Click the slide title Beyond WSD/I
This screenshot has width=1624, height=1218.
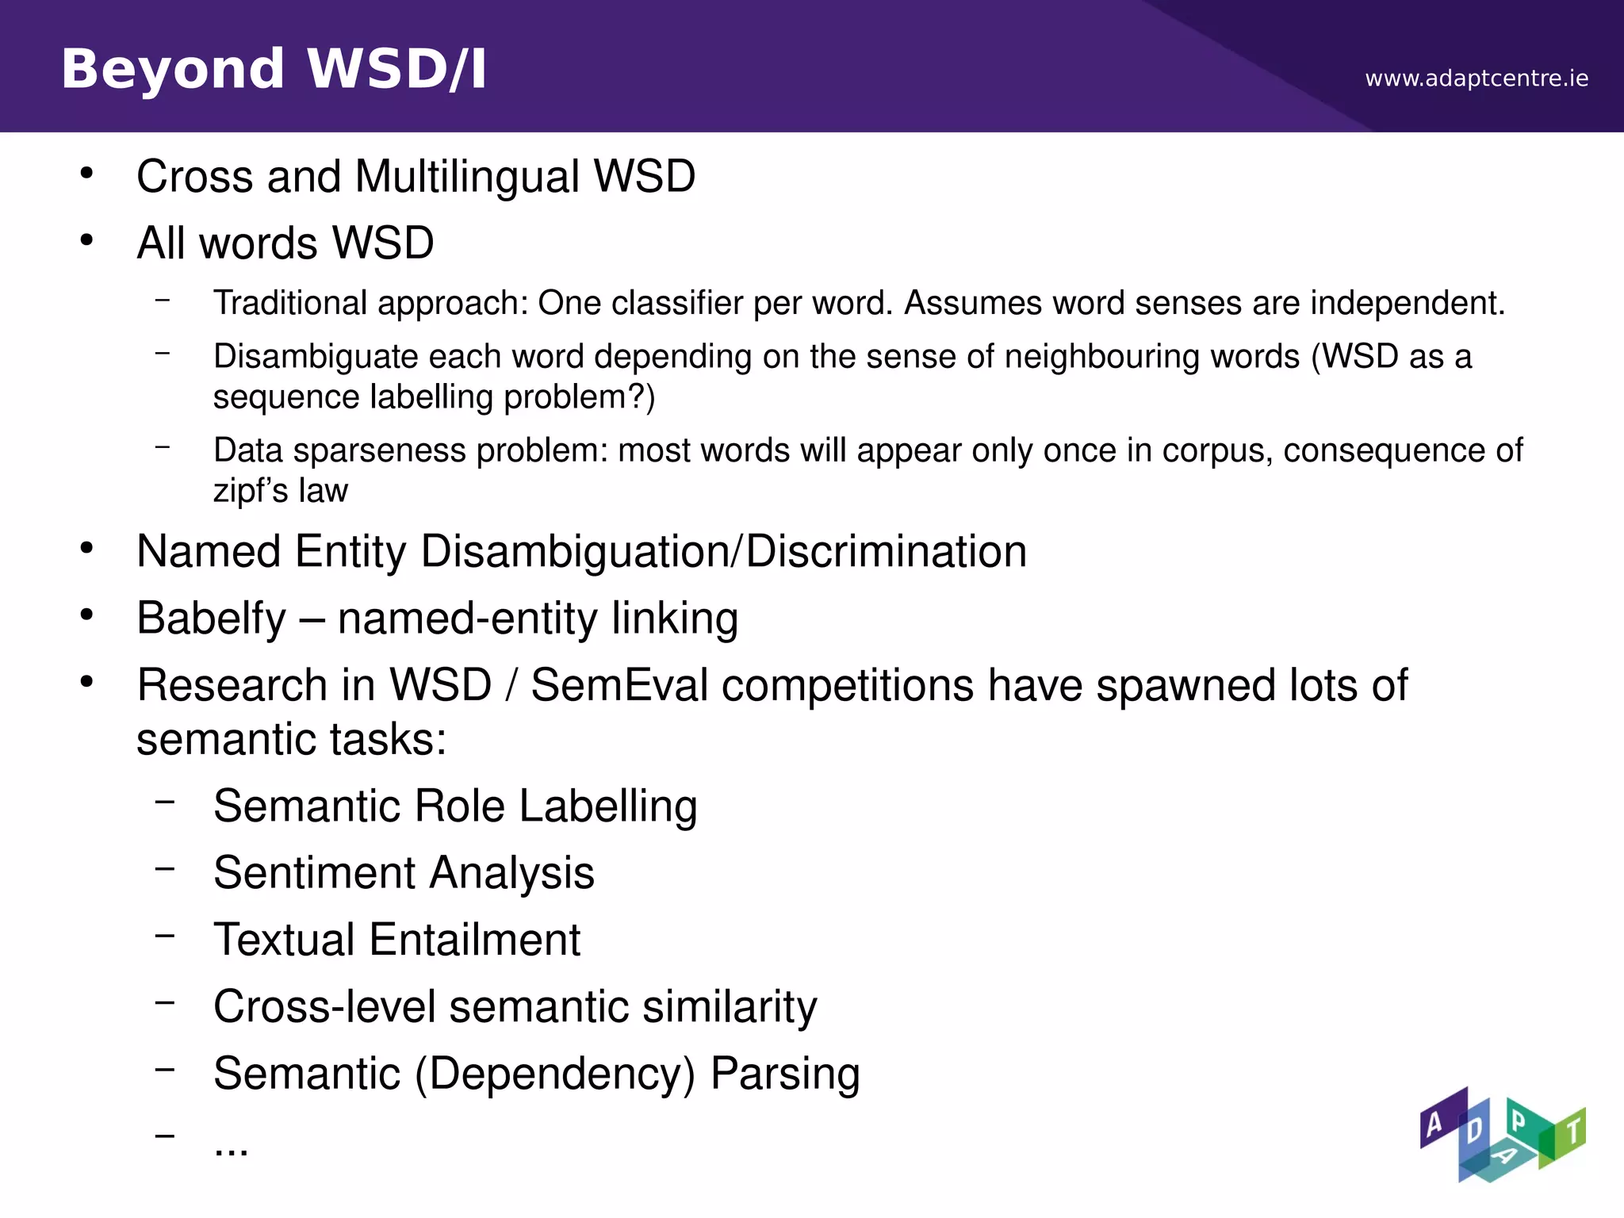tap(274, 69)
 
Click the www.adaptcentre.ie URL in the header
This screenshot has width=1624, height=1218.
tap(1476, 79)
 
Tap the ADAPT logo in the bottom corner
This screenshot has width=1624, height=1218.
tap(1502, 1135)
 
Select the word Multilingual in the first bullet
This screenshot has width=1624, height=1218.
tap(467, 176)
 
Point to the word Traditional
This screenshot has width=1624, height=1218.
tap(290, 303)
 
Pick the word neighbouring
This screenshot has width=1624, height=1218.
tap(1152, 357)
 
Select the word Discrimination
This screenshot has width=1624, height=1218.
tap(886, 551)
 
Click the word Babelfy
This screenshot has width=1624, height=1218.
tap(211, 619)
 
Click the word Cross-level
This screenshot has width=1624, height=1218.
tap(324, 1007)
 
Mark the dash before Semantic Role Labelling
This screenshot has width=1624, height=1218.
tap(165, 802)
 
